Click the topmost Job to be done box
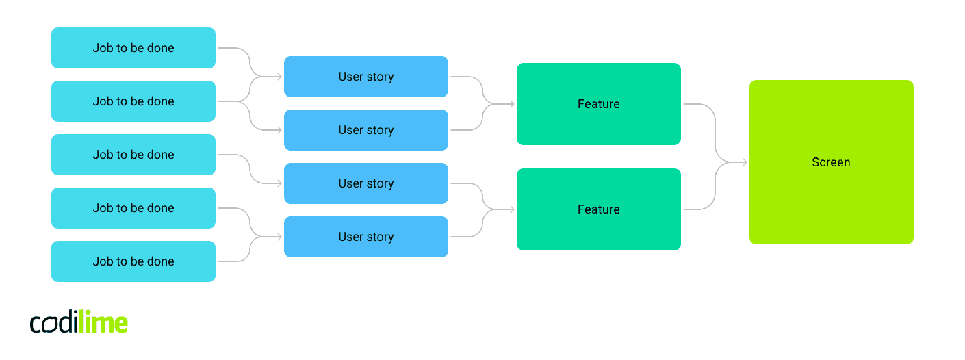[x=133, y=48]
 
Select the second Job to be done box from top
[x=133, y=101]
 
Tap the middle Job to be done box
[x=133, y=155]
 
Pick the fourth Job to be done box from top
[x=133, y=208]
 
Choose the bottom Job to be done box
[x=133, y=261]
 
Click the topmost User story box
[x=366, y=77]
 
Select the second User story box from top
[x=366, y=130]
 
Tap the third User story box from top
[x=366, y=183]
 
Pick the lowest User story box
[x=366, y=237]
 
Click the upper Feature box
[x=599, y=104]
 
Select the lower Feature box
[x=599, y=209]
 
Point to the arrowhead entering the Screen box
[x=745, y=162]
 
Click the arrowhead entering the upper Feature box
[x=512, y=104]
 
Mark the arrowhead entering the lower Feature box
[x=512, y=209]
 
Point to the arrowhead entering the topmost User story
[x=279, y=77]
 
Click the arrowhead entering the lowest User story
[x=279, y=237]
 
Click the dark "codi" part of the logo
[x=54, y=323]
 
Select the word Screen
[x=831, y=162]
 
